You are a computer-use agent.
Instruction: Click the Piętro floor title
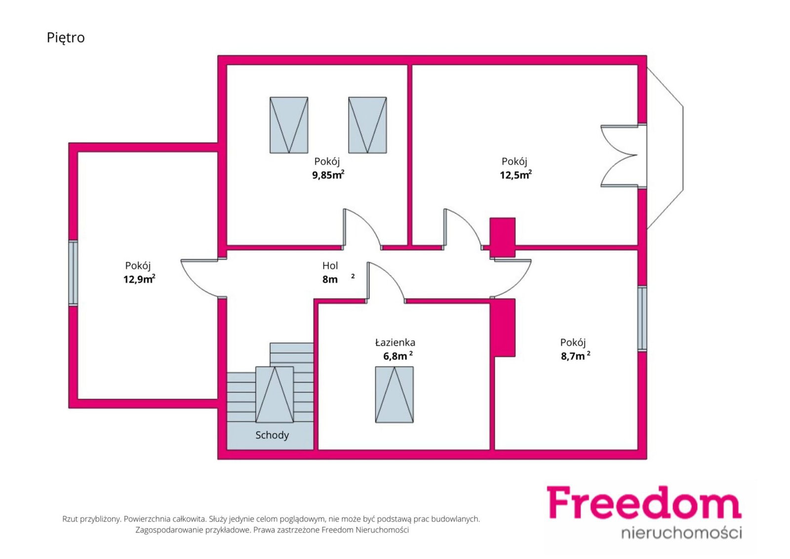click(x=66, y=38)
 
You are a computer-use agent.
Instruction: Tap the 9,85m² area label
click(x=328, y=175)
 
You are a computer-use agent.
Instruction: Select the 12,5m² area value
click(x=515, y=175)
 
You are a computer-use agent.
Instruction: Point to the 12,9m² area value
click(x=139, y=279)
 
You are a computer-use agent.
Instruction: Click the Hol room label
click(x=330, y=265)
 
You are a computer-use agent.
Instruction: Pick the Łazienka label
click(x=395, y=342)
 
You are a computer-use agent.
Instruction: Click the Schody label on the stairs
click(x=272, y=435)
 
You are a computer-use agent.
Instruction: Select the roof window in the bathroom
click(x=395, y=394)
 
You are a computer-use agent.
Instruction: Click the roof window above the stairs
click(x=275, y=394)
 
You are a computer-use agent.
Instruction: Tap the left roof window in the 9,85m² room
click(x=289, y=125)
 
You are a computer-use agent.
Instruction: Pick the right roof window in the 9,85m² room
click(x=367, y=125)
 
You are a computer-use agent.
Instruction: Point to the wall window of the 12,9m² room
click(x=73, y=273)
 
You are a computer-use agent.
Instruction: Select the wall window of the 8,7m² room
click(x=642, y=318)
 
